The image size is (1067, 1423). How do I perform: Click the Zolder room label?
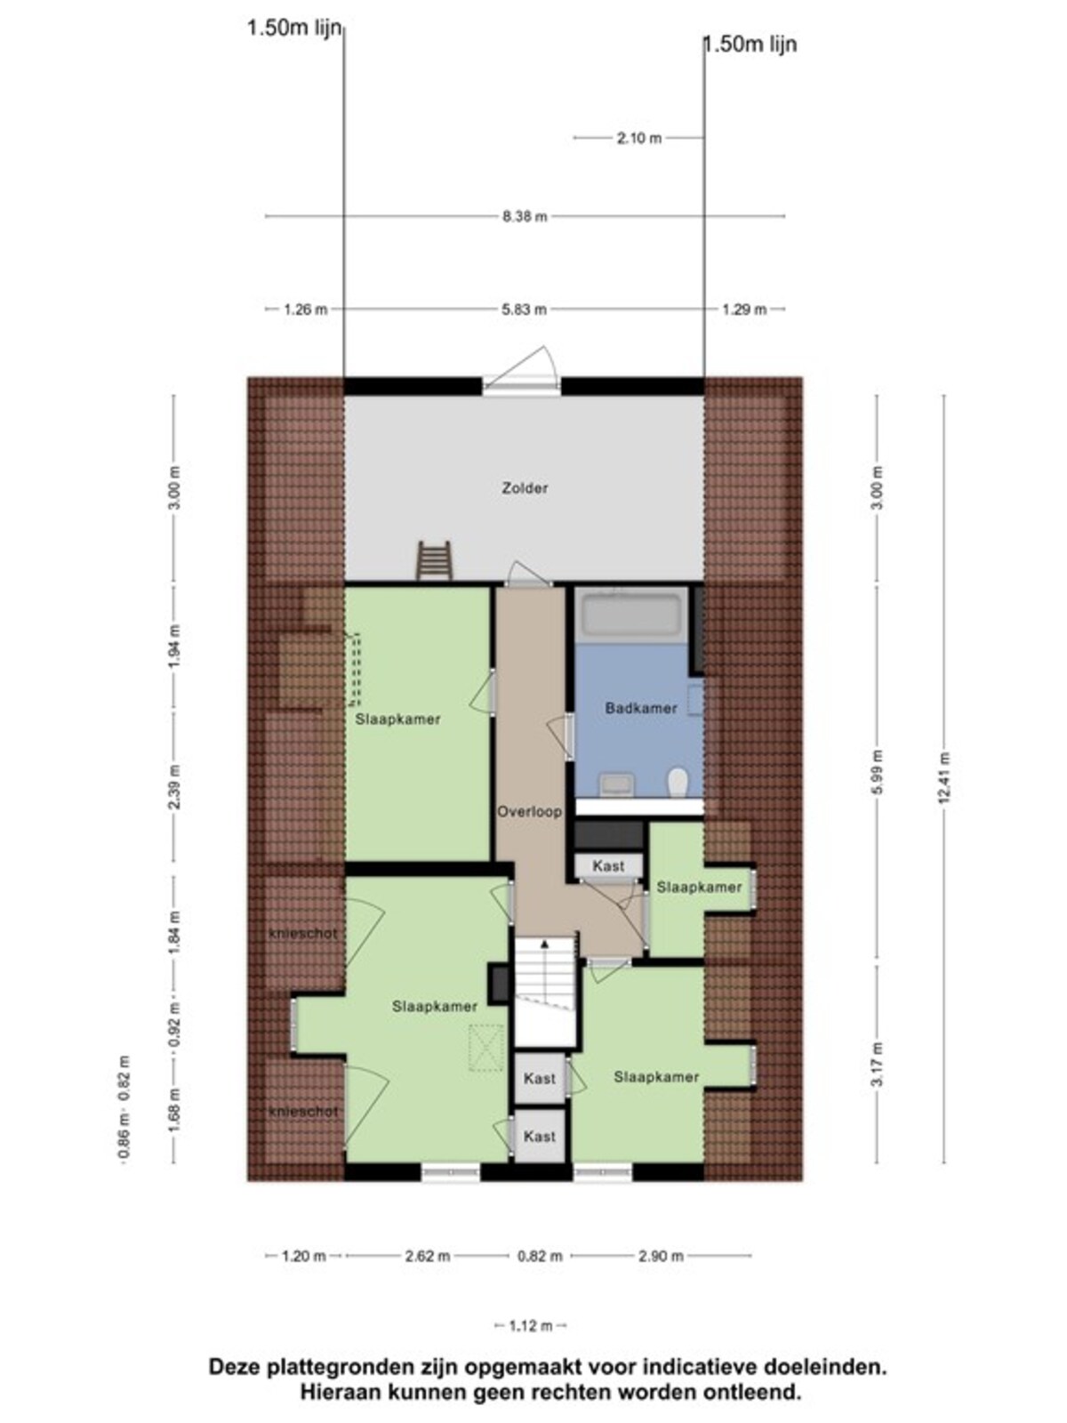tap(525, 488)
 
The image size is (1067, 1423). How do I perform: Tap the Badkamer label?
tap(641, 708)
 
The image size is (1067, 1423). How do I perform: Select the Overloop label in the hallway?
tap(529, 812)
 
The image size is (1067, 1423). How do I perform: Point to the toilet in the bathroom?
tap(678, 782)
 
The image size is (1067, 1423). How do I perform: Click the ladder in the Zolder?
tap(433, 561)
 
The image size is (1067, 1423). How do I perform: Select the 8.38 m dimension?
tap(525, 216)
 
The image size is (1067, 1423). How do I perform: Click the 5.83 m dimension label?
tap(524, 310)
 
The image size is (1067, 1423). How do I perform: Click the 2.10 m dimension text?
tap(639, 138)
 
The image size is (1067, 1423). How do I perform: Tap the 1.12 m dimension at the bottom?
tap(531, 1326)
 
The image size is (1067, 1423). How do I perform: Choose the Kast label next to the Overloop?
tap(608, 865)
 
